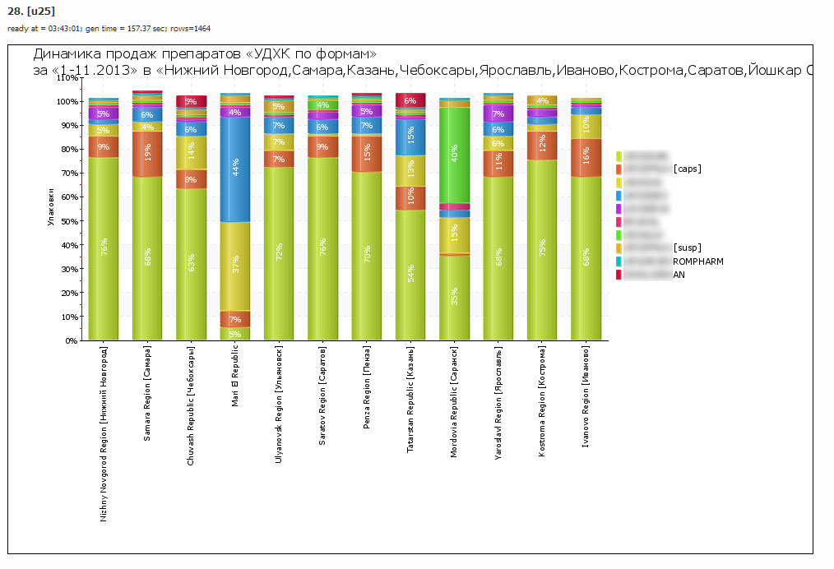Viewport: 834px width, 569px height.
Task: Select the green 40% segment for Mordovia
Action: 454,155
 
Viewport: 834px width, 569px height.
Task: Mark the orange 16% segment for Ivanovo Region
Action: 586,157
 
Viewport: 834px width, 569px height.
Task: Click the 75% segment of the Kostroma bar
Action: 542,250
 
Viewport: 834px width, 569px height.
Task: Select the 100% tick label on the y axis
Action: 67,101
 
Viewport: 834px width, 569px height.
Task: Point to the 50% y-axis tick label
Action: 68,221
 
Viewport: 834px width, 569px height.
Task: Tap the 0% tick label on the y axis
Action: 71,340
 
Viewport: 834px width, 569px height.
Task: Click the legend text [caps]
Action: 687,169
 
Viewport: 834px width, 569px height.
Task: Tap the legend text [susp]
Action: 687,247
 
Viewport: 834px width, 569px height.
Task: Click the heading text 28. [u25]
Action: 30,11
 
